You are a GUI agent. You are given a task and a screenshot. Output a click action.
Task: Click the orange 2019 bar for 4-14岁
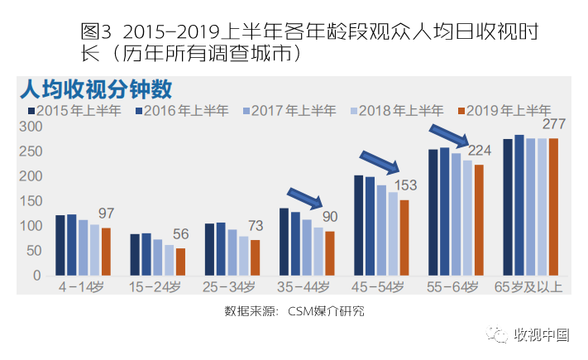pos(105,252)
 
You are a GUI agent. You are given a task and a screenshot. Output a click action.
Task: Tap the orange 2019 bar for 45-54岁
pos(404,238)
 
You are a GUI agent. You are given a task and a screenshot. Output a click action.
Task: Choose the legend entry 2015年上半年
pos(79,110)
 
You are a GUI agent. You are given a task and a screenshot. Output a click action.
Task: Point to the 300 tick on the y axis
pos(31,127)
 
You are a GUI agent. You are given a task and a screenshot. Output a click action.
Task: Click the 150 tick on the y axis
pos(31,201)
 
